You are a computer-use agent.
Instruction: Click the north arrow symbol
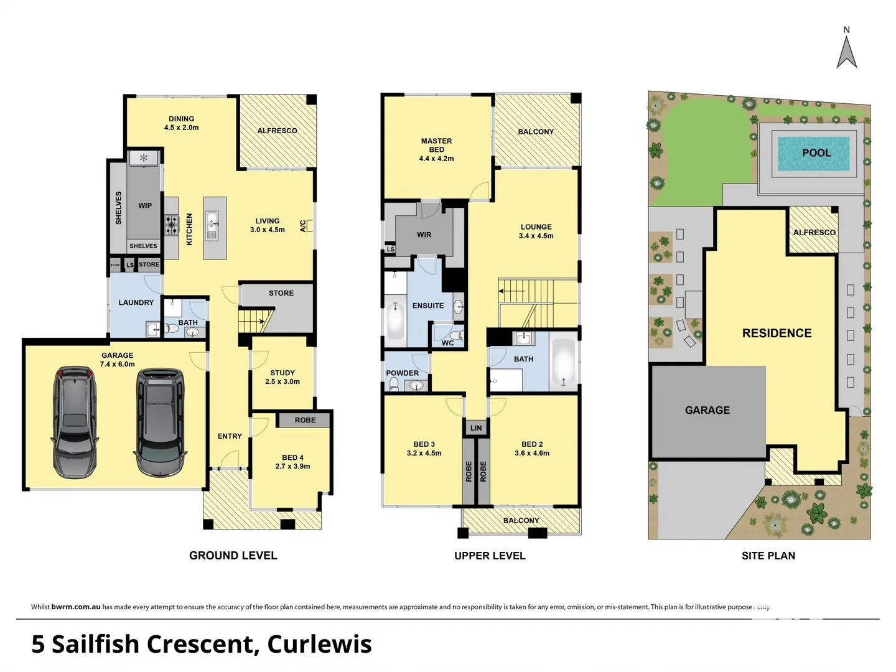[x=846, y=52]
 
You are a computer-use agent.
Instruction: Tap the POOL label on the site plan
[x=816, y=153]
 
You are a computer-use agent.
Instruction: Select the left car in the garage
[x=75, y=422]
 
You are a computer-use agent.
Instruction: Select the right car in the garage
[x=161, y=422]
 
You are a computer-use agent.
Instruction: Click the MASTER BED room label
[x=436, y=150]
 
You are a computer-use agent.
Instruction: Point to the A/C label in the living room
[x=303, y=226]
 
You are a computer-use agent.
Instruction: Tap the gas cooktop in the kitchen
[x=171, y=225]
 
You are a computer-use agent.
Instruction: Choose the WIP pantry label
[x=145, y=205]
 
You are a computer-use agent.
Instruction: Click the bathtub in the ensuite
[x=395, y=319]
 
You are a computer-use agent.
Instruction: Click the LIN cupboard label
[x=476, y=428]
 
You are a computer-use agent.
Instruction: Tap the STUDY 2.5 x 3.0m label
[x=282, y=377]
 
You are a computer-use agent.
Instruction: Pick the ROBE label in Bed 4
[x=305, y=420]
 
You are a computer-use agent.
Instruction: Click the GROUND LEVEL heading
[x=233, y=556]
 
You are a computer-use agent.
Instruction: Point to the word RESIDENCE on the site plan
[x=777, y=334]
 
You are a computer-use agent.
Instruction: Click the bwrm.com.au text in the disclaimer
[x=76, y=607]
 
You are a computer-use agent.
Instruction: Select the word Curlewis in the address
[x=319, y=644]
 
